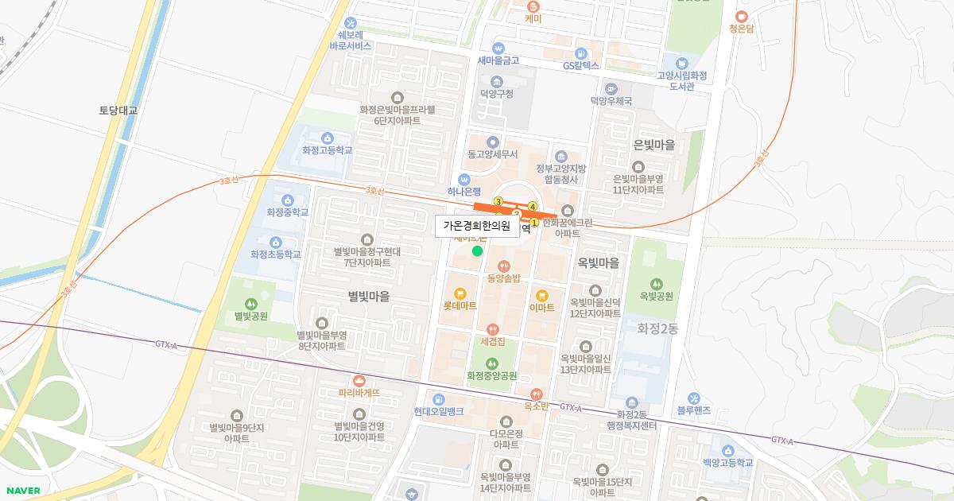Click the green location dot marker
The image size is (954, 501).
click(x=477, y=251)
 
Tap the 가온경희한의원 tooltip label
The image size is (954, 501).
click(x=476, y=226)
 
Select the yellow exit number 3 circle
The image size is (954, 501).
click(x=498, y=201)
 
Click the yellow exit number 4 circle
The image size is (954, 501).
click(x=533, y=207)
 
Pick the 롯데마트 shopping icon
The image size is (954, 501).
click(x=460, y=293)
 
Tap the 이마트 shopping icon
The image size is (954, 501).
click(x=541, y=295)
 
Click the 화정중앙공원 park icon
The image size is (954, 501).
click(x=492, y=363)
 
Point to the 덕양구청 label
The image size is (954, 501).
click(x=497, y=94)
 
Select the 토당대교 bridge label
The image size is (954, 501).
click(x=118, y=111)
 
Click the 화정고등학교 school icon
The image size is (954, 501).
click(x=327, y=137)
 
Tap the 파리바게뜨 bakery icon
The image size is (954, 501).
click(x=359, y=380)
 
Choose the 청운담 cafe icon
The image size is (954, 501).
click(x=741, y=16)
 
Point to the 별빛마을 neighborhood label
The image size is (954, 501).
click(x=369, y=296)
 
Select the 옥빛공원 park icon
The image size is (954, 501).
click(x=656, y=283)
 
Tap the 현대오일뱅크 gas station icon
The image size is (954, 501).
click(x=438, y=398)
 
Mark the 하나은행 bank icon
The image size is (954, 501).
click(x=464, y=179)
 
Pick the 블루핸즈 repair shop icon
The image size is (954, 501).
click(x=693, y=398)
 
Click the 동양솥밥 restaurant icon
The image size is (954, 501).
click(x=502, y=266)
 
